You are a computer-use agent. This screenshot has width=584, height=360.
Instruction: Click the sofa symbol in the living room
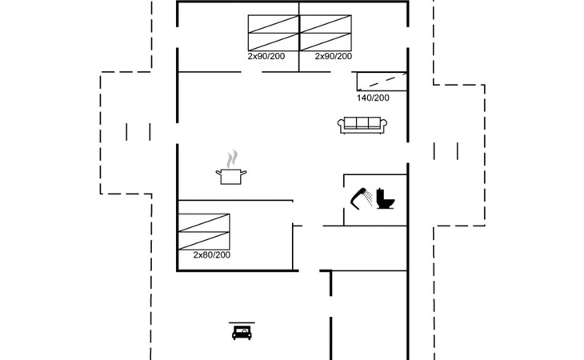(362, 125)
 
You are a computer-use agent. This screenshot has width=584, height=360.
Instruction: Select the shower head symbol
(358, 199)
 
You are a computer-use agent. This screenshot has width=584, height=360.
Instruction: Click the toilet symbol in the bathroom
(385, 199)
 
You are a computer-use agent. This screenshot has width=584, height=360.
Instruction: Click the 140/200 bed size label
(373, 98)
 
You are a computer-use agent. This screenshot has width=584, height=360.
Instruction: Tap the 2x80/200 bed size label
(211, 255)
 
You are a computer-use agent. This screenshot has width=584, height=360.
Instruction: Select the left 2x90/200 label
(266, 56)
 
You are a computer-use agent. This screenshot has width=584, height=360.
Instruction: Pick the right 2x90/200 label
(334, 56)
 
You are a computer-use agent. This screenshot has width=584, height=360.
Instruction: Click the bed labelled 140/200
(382, 82)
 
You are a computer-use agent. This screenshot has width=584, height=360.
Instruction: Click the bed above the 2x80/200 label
(204, 231)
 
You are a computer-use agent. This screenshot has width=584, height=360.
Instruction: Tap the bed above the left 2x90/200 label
(274, 33)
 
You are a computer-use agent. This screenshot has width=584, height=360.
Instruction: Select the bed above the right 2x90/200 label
(326, 33)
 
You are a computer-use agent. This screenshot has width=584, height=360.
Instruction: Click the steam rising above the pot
(232, 159)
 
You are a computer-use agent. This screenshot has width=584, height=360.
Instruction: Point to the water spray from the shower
(368, 198)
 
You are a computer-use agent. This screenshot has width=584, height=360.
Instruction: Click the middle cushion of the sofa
(362, 123)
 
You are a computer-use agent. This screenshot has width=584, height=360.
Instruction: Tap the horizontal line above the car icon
(242, 322)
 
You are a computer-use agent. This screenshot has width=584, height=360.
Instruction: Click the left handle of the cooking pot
(218, 172)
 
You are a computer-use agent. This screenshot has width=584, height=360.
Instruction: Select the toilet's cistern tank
(380, 194)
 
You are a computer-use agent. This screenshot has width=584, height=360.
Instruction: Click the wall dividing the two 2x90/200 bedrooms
(298, 37)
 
